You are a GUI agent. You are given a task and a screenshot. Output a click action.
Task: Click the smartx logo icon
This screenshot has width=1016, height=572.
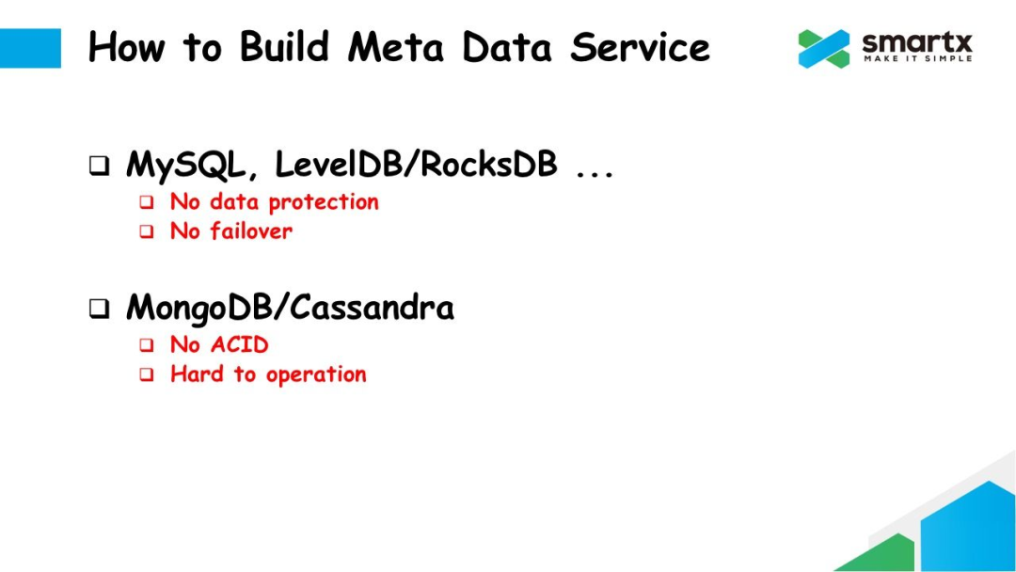click(824, 49)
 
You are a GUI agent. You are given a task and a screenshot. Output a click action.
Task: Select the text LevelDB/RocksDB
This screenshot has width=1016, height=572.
click(416, 166)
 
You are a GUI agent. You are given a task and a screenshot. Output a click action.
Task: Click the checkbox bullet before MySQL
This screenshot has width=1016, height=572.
click(99, 167)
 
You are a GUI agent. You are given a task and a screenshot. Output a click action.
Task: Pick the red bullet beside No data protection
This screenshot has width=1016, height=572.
click(147, 202)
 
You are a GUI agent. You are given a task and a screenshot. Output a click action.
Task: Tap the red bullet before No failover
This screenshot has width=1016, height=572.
click(147, 232)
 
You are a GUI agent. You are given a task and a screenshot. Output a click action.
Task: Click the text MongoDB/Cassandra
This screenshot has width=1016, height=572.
click(290, 309)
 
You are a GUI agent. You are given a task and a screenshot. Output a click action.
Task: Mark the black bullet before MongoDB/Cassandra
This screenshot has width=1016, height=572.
click(99, 310)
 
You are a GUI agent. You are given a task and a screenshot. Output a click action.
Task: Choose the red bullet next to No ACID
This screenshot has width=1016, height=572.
click(147, 346)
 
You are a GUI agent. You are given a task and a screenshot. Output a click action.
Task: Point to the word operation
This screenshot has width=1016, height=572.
click(316, 375)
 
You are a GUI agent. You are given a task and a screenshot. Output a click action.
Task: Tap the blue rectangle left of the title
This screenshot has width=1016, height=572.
click(30, 48)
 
